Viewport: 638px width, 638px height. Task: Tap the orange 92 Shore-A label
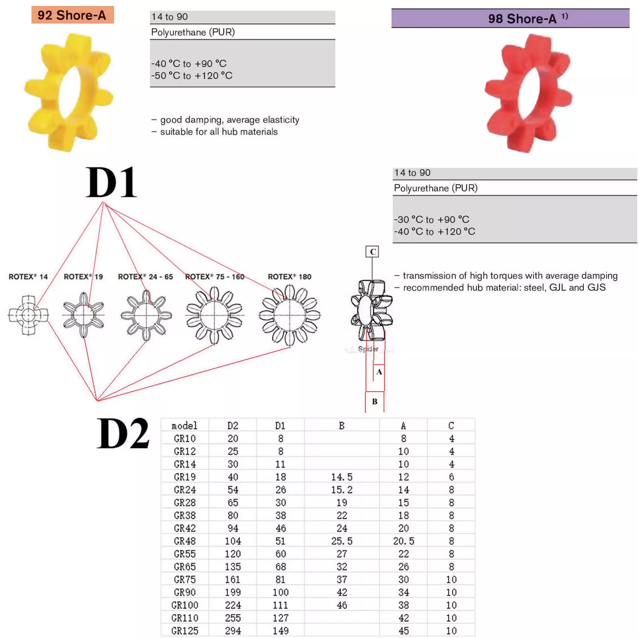click(x=72, y=15)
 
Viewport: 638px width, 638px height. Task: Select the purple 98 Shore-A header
click(x=510, y=18)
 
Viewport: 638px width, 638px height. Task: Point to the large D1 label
click(x=111, y=182)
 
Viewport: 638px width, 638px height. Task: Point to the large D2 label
click(x=123, y=433)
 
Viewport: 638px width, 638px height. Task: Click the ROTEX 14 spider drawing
click(x=28, y=315)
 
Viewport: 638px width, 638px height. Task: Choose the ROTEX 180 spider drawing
click(x=290, y=315)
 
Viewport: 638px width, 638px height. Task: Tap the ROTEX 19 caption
click(x=83, y=276)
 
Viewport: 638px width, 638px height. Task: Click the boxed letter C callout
click(x=372, y=251)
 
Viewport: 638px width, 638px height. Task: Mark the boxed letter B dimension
click(x=374, y=401)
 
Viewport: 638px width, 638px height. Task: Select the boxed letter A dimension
click(x=379, y=372)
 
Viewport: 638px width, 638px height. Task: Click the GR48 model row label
click(x=184, y=541)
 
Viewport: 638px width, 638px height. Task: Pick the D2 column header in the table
click(x=232, y=426)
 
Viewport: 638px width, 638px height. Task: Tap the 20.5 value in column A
click(x=403, y=541)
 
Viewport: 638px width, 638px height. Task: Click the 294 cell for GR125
click(x=232, y=631)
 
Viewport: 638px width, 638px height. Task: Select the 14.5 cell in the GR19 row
click(x=342, y=477)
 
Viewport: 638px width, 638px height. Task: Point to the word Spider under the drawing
click(x=368, y=349)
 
